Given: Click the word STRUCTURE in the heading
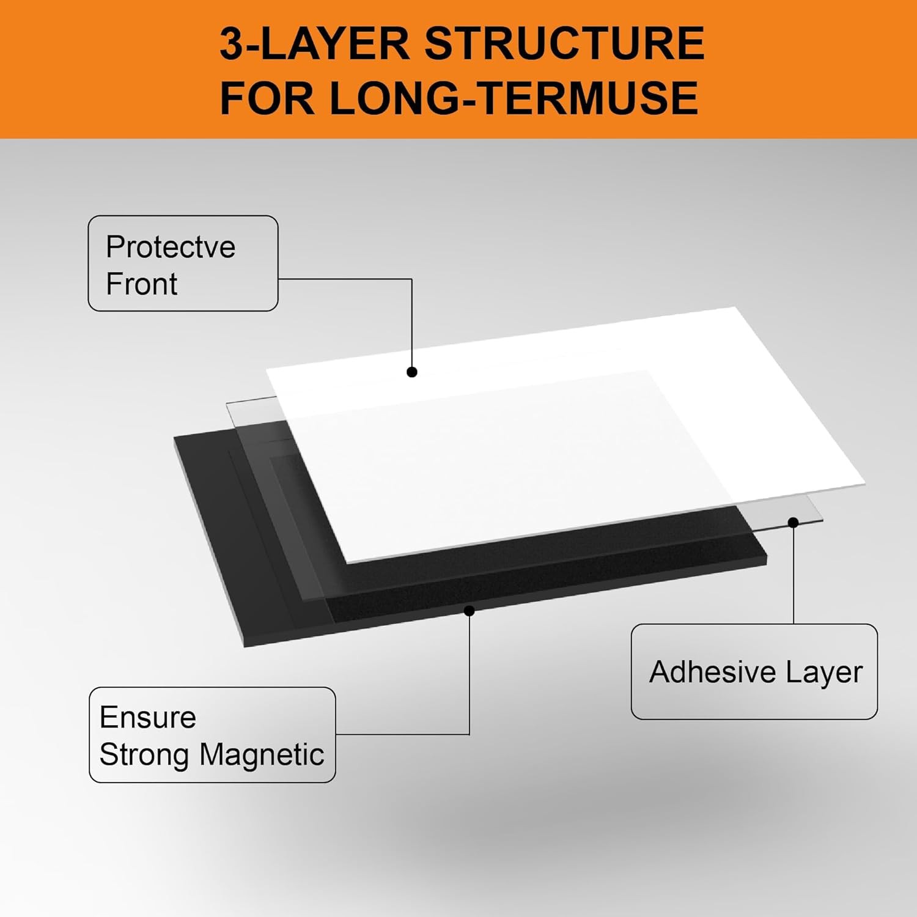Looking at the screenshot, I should pyautogui.click(x=564, y=44).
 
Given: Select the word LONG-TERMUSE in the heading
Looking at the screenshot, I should pyautogui.click(x=514, y=98).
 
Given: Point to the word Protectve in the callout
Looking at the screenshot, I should pyautogui.click(x=171, y=247).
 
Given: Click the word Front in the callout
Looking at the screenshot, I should pyautogui.click(x=141, y=284).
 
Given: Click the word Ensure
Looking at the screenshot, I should pyautogui.click(x=147, y=717).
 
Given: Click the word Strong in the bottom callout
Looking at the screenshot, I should pyautogui.click(x=144, y=755).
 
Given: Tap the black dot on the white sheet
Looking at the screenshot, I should pyautogui.click(x=412, y=372).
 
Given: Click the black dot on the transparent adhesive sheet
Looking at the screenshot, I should pyautogui.click(x=794, y=522).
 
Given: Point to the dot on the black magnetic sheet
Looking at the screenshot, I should pyautogui.click(x=470, y=610).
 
